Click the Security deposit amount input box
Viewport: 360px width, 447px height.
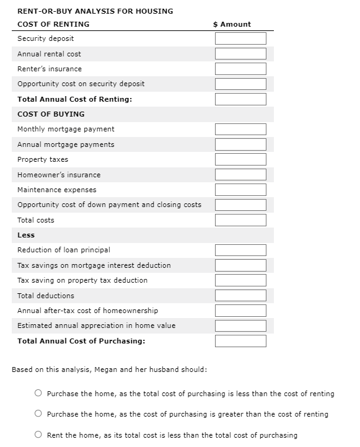tap(240, 38)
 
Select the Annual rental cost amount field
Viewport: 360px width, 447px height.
tap(240, 54)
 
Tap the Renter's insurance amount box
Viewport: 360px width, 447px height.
tap(240, 69)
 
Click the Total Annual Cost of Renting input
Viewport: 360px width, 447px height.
tap(240, 99)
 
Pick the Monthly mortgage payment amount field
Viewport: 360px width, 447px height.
tap(240, 129)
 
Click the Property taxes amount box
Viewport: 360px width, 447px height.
tap(240, 159)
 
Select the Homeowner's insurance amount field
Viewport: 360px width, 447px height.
tap(240, 175)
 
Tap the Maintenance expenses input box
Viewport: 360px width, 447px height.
tap(240, 190)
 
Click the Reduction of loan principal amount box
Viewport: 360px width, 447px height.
tap(240, 250)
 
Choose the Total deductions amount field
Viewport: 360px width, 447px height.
tap(240, 296)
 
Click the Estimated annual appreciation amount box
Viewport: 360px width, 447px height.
tap(240, 325)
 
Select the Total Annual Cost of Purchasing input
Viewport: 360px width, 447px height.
tap(240, 341)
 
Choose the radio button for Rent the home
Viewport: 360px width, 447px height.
tap(38, 435)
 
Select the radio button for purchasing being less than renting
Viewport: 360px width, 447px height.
tap(38, 394)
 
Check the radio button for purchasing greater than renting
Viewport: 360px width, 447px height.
tap(38, 414)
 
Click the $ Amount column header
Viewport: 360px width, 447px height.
tap(232, 24)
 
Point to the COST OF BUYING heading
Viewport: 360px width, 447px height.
tap(51, 114)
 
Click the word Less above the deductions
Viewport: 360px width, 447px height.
tap(26, 235)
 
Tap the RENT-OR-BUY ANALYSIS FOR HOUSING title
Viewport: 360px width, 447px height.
tap(95, 11)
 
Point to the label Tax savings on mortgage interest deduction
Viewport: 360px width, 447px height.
tap(94, 265)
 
